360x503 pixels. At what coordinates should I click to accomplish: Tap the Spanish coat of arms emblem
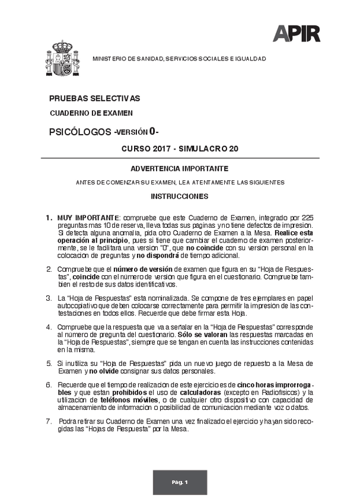coord(62,60)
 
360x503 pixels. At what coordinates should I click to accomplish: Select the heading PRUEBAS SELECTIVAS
coord(95,98)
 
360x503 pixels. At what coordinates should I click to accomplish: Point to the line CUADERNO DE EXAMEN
coord(91,113)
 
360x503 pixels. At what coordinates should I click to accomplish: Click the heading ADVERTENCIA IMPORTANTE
coord(179,169)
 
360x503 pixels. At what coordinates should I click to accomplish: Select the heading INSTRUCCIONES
coord(179,196)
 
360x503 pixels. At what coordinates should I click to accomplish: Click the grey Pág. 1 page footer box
coord(180,483)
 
